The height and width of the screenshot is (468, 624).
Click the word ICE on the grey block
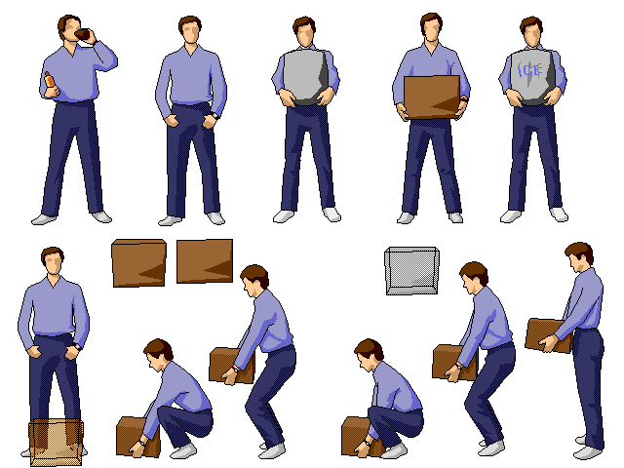point(529,70)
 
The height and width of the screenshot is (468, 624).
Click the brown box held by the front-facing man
point(431,97)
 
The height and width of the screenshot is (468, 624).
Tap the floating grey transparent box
point(412,270)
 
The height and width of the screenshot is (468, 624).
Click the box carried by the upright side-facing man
point(547,334)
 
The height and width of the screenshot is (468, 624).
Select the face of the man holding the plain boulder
point(306,35)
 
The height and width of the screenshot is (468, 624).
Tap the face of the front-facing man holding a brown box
point(430,31)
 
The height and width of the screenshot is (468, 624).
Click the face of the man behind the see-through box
point(53,264)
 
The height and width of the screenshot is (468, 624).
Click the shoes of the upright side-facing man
point(589,450)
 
